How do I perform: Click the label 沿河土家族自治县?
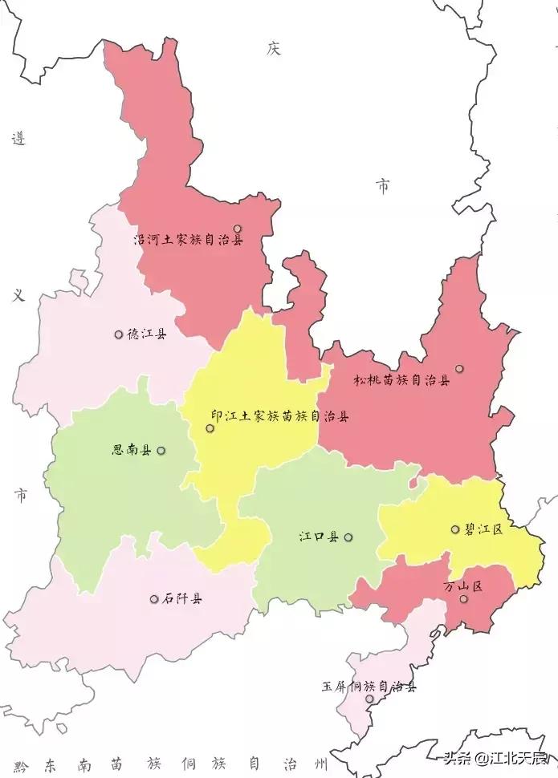coord(188,240)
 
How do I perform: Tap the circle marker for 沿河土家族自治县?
coord(238,229)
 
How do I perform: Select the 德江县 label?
coord(147,334)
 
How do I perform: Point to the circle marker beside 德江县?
coord(119,334)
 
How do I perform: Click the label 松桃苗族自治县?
coord(402,381)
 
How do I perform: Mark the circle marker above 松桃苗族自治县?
coord(459,369)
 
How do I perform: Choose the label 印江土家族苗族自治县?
coord(279,417)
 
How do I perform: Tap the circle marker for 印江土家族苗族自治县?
coord(210,428)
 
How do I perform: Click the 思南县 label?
coord(132,451)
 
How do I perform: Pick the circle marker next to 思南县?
coord(161,451)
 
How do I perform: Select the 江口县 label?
coord(319,537)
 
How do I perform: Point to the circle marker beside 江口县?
coord(348,537)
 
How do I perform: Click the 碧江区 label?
coord(483,529)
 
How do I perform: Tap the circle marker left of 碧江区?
coord(455,529)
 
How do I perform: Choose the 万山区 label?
coord(463,586)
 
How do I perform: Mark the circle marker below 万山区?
coord(463,599)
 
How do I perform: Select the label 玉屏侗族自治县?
coord(369,687)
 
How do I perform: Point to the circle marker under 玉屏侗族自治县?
coord(369,699)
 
